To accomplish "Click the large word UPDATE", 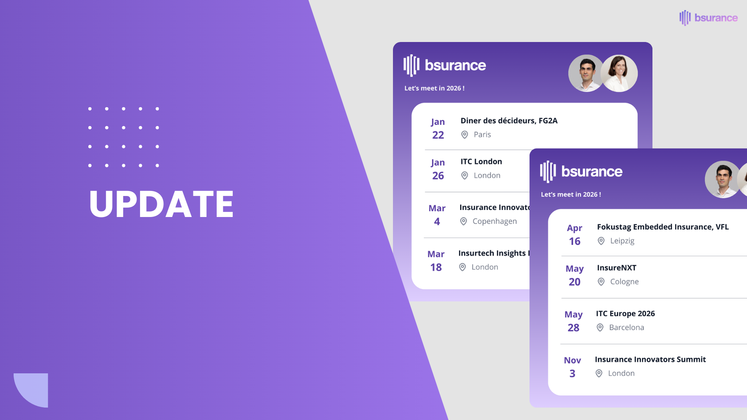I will click(161, 204).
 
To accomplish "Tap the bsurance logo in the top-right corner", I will click(708, 18).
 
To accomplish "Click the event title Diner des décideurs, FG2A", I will click(509, 121).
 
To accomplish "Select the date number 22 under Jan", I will click(438, 135).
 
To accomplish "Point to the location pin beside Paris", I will click(465, 135).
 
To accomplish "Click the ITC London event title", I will click(481, 162).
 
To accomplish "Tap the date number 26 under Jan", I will click(438, 176).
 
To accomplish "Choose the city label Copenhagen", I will click(494, 221).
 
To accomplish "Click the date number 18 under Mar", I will click(436, 268).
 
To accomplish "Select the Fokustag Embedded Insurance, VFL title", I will click(663, 227).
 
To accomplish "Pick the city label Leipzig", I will click(622, 241).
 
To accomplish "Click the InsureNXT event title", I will click(617, 268).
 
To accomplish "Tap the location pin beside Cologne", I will click(601, 282).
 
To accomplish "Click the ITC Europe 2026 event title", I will click(625, 314).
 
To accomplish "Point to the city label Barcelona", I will click(626, 328).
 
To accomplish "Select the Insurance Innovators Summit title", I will click(650, 360).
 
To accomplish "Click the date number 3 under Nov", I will click(572, 374).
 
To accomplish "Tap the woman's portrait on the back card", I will click(619, 73).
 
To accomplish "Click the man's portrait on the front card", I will click(722, 179).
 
